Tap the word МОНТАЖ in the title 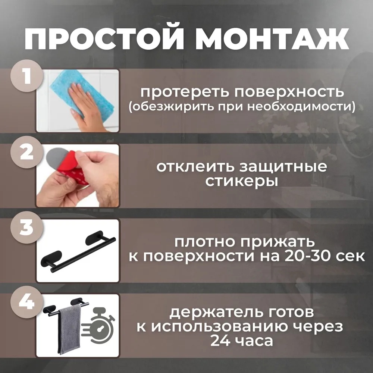pos(272,39)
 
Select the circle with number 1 pos(27,76)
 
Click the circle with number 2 pos(27,152)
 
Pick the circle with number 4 pos(27,302)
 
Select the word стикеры pos(242,182)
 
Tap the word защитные pos(283,167)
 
